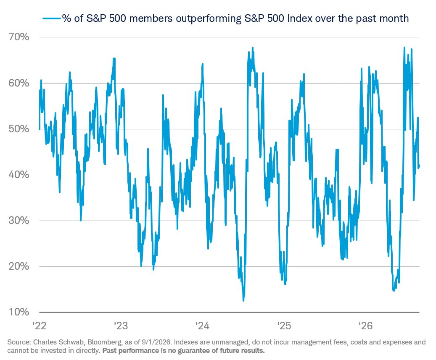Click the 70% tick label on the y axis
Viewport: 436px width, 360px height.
(x=18, y=37)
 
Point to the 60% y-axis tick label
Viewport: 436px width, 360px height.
(x=18, y=83)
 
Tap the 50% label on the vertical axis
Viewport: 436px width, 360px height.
(x=18, y=129)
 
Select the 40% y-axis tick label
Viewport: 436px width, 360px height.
(x=18, y=175)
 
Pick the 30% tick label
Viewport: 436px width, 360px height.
(x=18, y=221)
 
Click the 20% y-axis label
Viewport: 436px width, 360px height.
(x=18, y=266)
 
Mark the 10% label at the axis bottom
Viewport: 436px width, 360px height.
(x=18, y=312)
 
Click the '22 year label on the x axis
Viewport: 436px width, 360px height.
(x=40, y=326)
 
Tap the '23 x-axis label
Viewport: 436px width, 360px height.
(x=121, y=326)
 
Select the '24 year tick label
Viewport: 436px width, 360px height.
(x=202, y=326)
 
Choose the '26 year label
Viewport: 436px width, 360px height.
(x=365, y=326)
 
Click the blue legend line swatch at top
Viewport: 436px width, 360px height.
(x=52, y=18)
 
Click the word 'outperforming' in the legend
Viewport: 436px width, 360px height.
(x=209, y=18)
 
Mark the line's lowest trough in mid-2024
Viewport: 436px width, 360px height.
(x=243, y=300)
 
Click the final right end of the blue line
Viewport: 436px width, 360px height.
(x=419, y=166)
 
